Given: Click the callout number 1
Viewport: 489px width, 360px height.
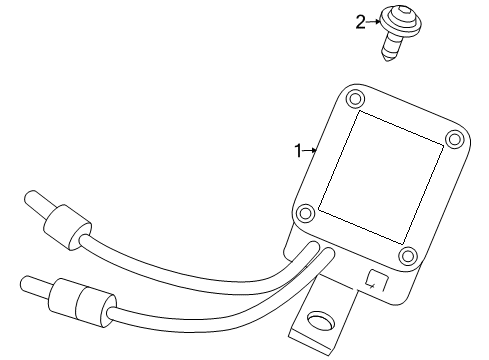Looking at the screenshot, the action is click(x=297, y=151).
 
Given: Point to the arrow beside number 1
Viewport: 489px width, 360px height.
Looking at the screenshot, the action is click(x=311, y=151).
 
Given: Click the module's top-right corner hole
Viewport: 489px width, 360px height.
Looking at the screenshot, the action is click(x=453, y=138).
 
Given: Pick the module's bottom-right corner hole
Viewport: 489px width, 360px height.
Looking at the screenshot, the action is click(x=406, y=255).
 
